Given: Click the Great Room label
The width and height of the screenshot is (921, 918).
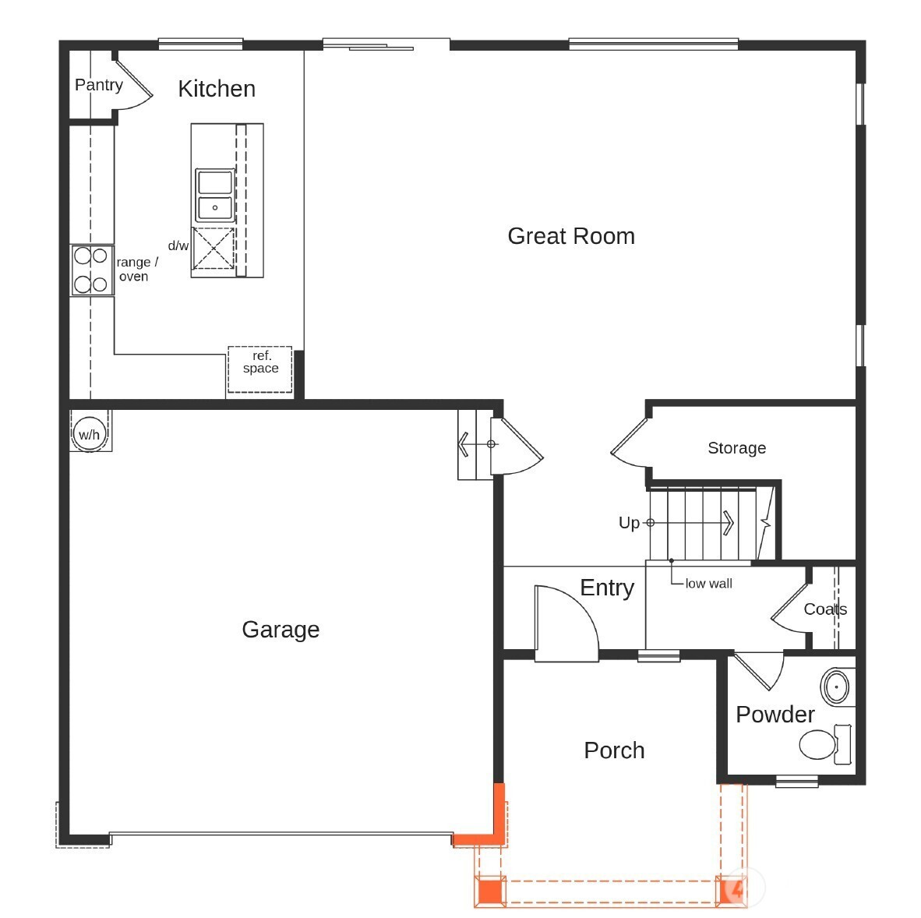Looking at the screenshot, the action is pos(571,236).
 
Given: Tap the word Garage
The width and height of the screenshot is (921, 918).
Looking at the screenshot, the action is pos(281,630).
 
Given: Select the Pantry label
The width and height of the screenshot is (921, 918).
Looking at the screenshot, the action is pos(99,85).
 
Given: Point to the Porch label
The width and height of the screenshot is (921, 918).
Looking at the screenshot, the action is pos(614,750).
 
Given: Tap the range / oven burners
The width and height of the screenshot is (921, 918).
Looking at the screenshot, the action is pos(91,270).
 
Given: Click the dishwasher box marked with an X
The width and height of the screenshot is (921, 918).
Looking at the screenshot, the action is pos(213,249).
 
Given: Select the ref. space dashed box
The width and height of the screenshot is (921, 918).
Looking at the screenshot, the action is pos(259,369).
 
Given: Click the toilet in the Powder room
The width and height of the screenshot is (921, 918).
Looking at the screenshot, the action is pos(825,744).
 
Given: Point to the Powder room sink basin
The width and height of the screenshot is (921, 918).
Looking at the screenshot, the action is pos(836,686).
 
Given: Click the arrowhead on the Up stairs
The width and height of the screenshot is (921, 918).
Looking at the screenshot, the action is pos(729,522).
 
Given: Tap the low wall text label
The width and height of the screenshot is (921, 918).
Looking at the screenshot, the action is pos(708,584).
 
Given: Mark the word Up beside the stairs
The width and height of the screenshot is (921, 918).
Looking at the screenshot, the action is pos(629,523).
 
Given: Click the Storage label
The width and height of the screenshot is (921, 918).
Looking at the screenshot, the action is pos(736,448).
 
